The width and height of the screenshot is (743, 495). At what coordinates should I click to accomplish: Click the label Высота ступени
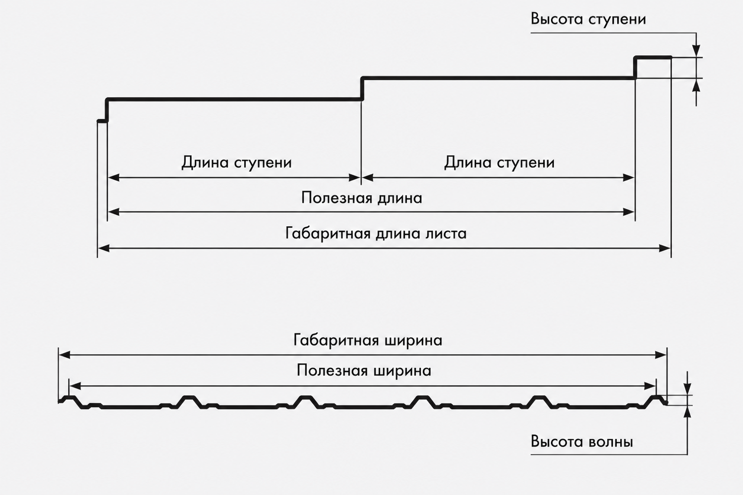click(x=588, y=19)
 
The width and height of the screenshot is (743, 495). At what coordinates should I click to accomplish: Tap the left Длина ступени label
click(x=236, y=163)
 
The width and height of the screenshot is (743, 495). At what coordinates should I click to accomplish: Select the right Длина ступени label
click(x=499, y=163)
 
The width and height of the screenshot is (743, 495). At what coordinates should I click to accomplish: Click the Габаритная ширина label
click(x=368, y=341)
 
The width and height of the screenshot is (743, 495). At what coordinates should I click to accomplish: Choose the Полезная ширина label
click(x=364, y=371)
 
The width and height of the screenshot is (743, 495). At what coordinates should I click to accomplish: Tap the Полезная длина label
click(x=362, y=198)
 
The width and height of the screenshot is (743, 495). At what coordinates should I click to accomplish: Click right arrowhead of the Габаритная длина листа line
click(x=665, y=248)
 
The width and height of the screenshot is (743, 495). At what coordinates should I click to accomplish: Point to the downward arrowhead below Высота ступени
click(x=696, y=50)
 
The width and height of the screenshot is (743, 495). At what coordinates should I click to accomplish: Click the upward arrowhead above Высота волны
click(x=687, y=412)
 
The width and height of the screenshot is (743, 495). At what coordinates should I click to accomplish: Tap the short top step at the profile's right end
click(x=653, y=58)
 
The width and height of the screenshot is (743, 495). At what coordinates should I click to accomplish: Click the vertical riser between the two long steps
click(x=362, y=89)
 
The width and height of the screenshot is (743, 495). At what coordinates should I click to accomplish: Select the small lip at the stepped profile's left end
click(x=102, y=121)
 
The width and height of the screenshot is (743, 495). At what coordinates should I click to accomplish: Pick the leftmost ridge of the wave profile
click(x=70, y=398)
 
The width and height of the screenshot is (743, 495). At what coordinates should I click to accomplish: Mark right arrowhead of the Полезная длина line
click(x=628, y=212)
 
